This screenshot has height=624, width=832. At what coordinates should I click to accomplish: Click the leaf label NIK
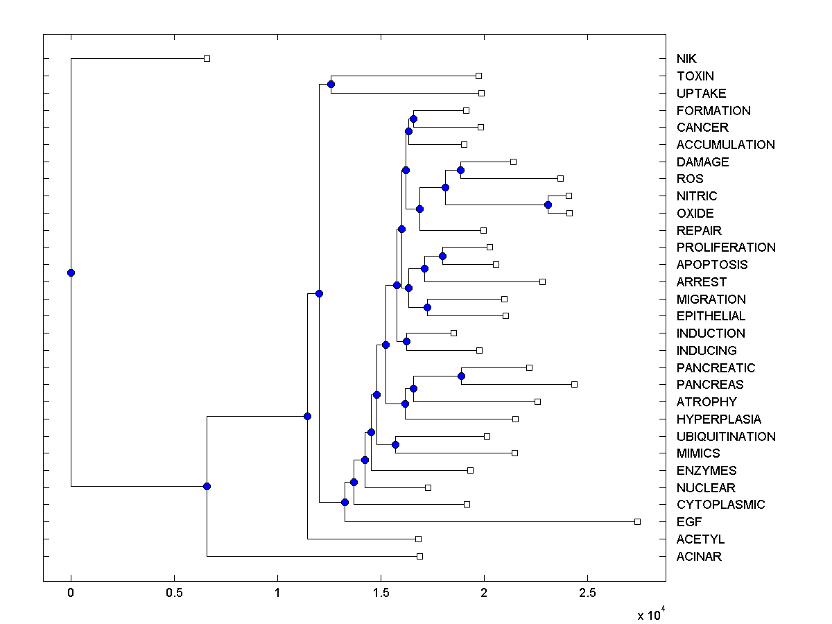(686, 59)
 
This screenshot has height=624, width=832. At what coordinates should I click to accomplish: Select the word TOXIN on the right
(695, 76)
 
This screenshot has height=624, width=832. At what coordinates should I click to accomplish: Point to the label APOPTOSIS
(712, 265)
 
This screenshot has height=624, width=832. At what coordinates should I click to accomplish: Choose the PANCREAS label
(710, 385)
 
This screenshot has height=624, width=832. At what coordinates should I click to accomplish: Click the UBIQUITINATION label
(726, 437)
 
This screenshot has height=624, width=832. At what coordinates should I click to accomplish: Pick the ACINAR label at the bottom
(699, 557)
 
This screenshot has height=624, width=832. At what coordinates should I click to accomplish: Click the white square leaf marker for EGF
(638, 521)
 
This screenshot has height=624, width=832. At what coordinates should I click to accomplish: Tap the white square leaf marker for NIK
(207, 58)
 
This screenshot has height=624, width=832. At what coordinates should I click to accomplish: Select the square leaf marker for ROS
(561, 178)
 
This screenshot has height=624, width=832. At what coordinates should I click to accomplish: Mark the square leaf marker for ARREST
(542, 281)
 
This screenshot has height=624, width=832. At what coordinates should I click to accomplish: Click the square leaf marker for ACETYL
(418, 539)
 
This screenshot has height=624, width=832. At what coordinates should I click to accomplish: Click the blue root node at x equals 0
(71, 272)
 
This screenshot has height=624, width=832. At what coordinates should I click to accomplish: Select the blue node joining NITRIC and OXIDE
(548, 205)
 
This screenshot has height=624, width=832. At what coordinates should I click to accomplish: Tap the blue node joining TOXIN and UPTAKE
(331, 84)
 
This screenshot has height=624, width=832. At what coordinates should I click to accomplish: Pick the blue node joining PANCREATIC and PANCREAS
(461, 376)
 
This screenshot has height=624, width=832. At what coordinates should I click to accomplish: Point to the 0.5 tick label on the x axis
(174, 593)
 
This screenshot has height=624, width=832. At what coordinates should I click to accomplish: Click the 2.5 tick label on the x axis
(587, 593)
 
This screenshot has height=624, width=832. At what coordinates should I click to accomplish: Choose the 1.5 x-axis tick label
(381, 593)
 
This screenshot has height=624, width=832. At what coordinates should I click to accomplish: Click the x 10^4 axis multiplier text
(650, 614)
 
